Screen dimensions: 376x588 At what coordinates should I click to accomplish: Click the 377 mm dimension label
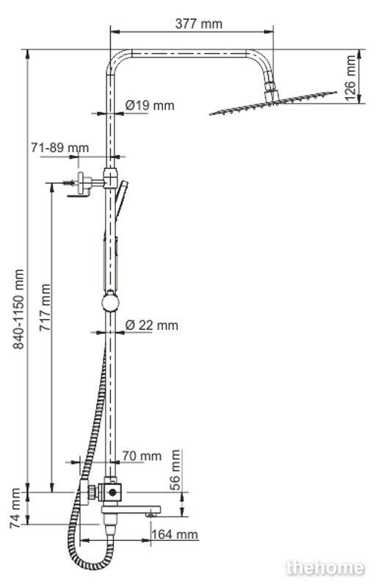click(198, 24)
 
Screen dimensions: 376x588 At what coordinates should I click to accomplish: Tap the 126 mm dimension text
click(350, 78)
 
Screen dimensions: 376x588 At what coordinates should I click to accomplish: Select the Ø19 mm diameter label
click(150, 105)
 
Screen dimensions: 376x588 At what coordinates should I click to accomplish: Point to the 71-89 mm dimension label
click(60, 148)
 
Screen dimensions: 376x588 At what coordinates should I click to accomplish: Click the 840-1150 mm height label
click(18, 309)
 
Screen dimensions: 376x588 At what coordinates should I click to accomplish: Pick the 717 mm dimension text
click(46, 307)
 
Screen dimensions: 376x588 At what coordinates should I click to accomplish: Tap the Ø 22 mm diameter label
click(152, 325)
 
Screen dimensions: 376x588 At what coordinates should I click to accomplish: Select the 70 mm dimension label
click(142, 456)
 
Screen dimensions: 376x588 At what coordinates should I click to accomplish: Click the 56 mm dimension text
click(175, 470)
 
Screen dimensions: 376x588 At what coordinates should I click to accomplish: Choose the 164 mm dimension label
click(175, 534)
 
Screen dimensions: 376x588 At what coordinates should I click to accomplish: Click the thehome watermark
click(325, 567)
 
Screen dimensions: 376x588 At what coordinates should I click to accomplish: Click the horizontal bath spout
click(131, 510)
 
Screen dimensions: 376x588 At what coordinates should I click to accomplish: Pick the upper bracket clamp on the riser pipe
click(111, 178)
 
